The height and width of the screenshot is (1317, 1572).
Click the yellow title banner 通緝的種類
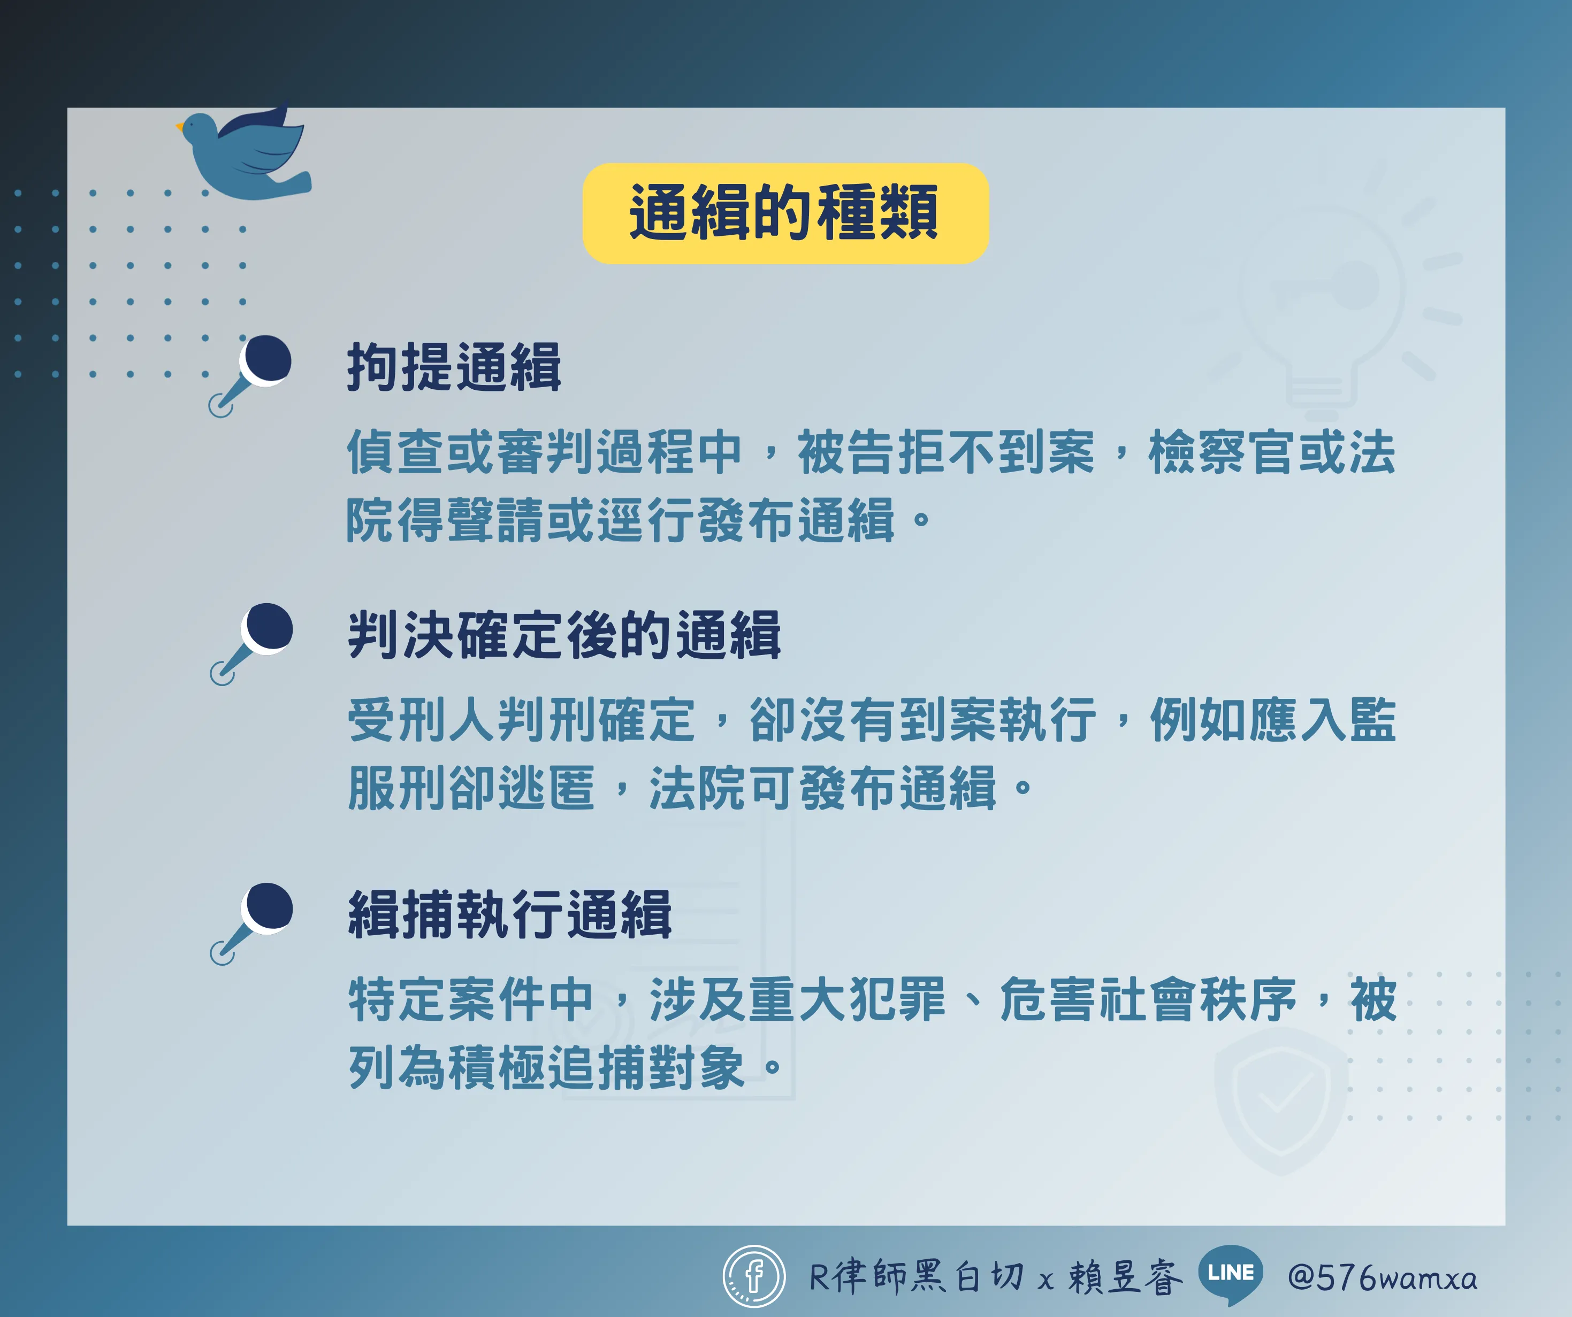coord(785,213)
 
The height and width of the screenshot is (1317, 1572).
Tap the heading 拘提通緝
coord(454,367)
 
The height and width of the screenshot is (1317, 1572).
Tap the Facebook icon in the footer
coord(754,1276)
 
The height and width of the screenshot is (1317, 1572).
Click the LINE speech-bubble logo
coord(1231,1274)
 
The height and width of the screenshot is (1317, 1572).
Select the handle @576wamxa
coord(1383,1277)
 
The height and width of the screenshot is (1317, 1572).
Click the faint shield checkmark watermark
coord(1281,1100)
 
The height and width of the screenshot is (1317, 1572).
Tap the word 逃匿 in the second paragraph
coord(546,788)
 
